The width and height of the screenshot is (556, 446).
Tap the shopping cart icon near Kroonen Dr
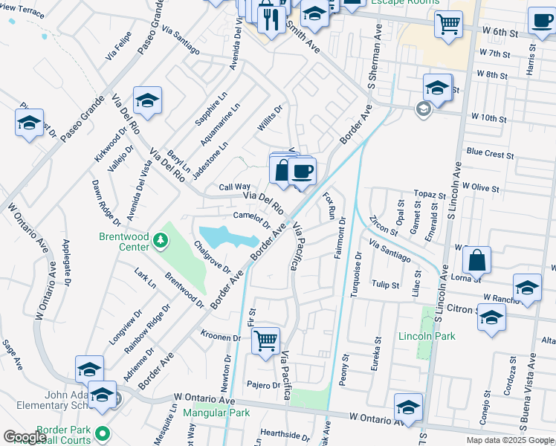(265, 341)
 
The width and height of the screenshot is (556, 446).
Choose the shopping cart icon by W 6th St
(448, 24)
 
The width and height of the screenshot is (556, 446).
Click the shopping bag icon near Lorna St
(476, 261)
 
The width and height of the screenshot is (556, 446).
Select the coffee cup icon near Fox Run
(302, 172)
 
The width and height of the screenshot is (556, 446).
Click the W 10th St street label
(488, 118)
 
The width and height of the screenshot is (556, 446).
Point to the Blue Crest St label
(490, 154)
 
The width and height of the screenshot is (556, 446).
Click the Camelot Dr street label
(250, 217)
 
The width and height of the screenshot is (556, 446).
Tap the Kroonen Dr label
(221, 337)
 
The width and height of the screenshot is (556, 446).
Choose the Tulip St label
(386, 285)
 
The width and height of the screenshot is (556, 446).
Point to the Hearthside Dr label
(285, 435)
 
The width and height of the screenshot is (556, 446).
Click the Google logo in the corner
(25, 437)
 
